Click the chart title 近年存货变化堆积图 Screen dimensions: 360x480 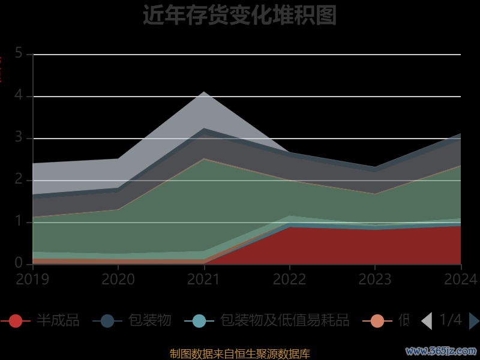pos(239,15)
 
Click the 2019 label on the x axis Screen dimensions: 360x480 pos(32,279)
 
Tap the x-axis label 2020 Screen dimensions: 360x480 pos(118,279)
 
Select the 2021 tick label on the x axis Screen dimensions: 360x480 pos(204,279)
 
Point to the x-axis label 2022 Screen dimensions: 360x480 pos(290,279)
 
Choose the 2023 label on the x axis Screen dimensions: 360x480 pos(375,279)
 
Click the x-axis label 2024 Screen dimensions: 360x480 pos(460,279)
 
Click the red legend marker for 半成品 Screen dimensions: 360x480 pos(16,321)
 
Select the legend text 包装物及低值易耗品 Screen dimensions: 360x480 pos(284,320)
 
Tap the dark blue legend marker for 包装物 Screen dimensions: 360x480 pos(107,321)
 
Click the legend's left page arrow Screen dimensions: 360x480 pos(427,321)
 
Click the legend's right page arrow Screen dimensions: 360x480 pos(474,321)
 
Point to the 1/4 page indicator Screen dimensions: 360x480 pos(451,320)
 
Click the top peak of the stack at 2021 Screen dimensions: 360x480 pos(204,92)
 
